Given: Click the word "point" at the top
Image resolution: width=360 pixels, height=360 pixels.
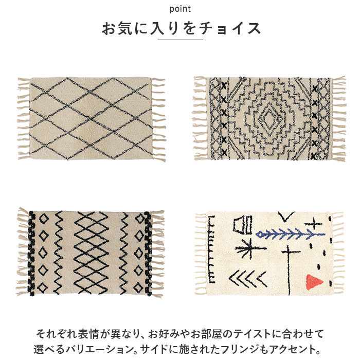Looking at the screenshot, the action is [x=180, y=9].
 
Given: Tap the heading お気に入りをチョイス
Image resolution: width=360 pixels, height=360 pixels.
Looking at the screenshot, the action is [x=181, y=28].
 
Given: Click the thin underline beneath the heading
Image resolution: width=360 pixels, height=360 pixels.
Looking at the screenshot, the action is [x=180, y=40].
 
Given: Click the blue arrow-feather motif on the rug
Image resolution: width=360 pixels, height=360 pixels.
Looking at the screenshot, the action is [x=291, y=233].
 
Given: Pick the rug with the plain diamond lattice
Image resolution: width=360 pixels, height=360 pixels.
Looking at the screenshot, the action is [x=92, y=119].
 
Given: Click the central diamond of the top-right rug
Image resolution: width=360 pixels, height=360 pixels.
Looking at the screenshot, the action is [x=270, y=118].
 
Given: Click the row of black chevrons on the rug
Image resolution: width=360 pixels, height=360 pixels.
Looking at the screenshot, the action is [x=248, y=279].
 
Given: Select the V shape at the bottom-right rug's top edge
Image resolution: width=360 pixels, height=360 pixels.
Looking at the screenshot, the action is [x=286, y=217].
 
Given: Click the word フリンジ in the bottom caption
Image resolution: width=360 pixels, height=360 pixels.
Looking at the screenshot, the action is [x=245, y=349].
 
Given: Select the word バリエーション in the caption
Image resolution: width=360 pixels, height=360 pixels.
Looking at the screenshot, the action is [x=100, y=349].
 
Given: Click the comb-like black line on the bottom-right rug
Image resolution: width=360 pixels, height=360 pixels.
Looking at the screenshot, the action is [x=211, y=249].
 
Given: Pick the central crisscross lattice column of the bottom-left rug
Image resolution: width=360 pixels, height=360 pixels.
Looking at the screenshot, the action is [x=91, y=253].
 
